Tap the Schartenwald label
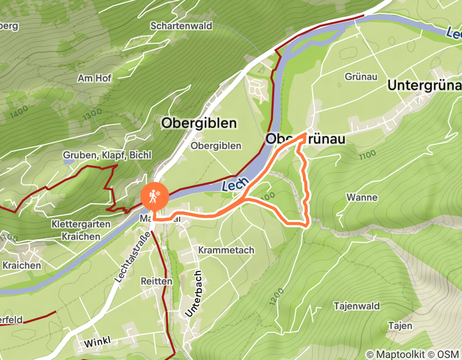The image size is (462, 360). pos(181,26)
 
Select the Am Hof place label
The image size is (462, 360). pos(94,78)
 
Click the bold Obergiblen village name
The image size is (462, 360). pos(199,123)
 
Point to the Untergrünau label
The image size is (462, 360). pos(424,85)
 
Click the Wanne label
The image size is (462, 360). pos(362,197)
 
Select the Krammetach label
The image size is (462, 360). pos(226,250)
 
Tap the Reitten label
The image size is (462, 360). pos(156,281)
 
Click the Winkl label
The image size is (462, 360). pos(96,342)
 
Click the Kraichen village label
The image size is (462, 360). pos(22,265)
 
